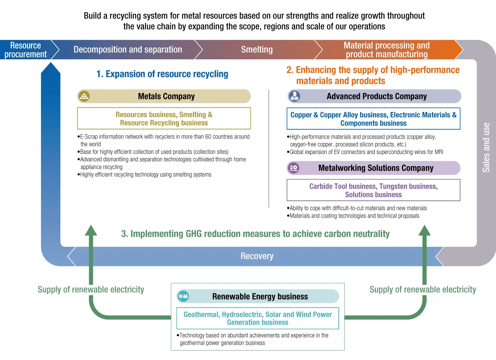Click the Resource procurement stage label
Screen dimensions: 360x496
25,50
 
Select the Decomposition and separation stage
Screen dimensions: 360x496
128,49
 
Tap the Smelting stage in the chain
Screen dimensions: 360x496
257,49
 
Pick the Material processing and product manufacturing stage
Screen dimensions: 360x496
387,50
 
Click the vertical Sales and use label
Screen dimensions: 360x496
486,147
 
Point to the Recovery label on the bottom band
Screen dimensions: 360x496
257,256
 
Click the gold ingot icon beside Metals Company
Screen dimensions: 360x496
84,96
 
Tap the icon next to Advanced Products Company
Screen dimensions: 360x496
294,96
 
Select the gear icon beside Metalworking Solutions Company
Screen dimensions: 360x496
293,168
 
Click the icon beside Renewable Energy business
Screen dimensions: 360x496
183,296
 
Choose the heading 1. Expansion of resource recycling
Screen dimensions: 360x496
162,74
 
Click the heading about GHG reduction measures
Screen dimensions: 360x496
255,234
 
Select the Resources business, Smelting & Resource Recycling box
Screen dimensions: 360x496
164,119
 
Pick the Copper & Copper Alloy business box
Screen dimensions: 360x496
373,119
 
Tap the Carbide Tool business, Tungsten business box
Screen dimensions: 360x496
373,190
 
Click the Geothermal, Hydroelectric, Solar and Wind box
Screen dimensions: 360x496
257,318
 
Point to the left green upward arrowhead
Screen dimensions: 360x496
91,231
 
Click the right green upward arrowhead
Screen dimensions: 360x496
424,231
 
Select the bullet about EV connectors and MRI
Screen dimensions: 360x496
366,152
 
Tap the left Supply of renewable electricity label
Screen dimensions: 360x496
91,289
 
